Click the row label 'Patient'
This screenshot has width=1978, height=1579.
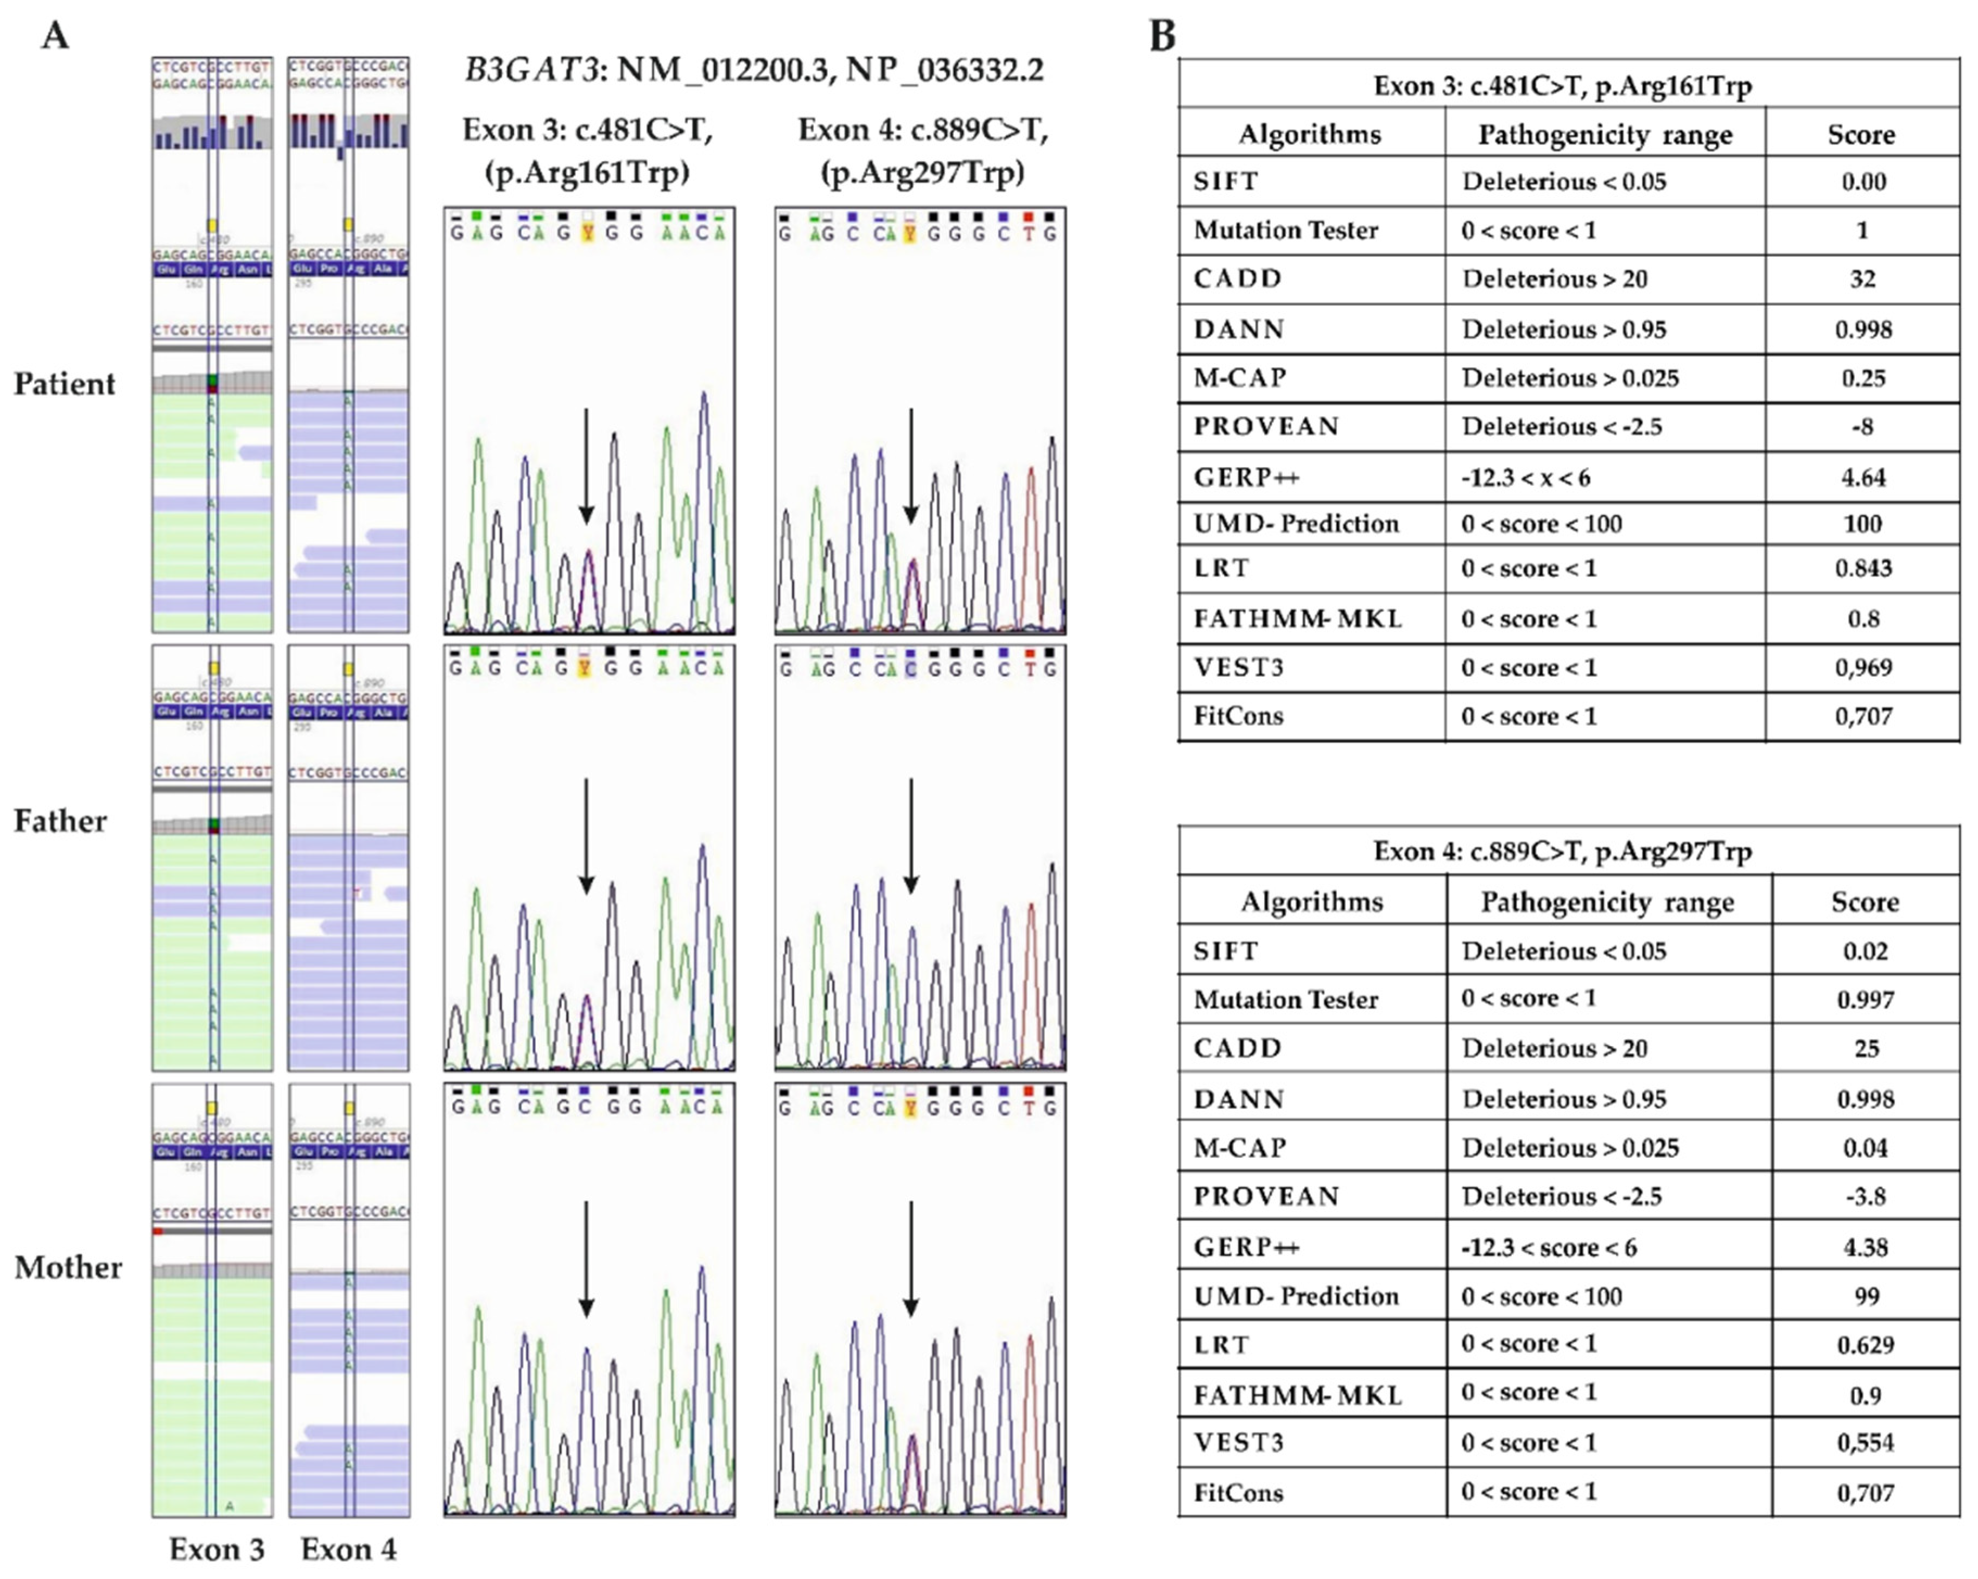click(64, 384)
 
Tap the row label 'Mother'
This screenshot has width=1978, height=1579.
click(68, 1267)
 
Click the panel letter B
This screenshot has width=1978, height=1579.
click(1162, 37)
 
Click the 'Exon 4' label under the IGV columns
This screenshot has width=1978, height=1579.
click(348, 1550)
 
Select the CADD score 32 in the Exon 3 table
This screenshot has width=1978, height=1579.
click(1862, 279)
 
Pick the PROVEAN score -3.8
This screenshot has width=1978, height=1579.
click(1865, 1196)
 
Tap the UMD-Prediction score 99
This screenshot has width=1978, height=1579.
click(1865, 1296)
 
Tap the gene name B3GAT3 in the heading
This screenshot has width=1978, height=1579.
click(531, 71)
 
